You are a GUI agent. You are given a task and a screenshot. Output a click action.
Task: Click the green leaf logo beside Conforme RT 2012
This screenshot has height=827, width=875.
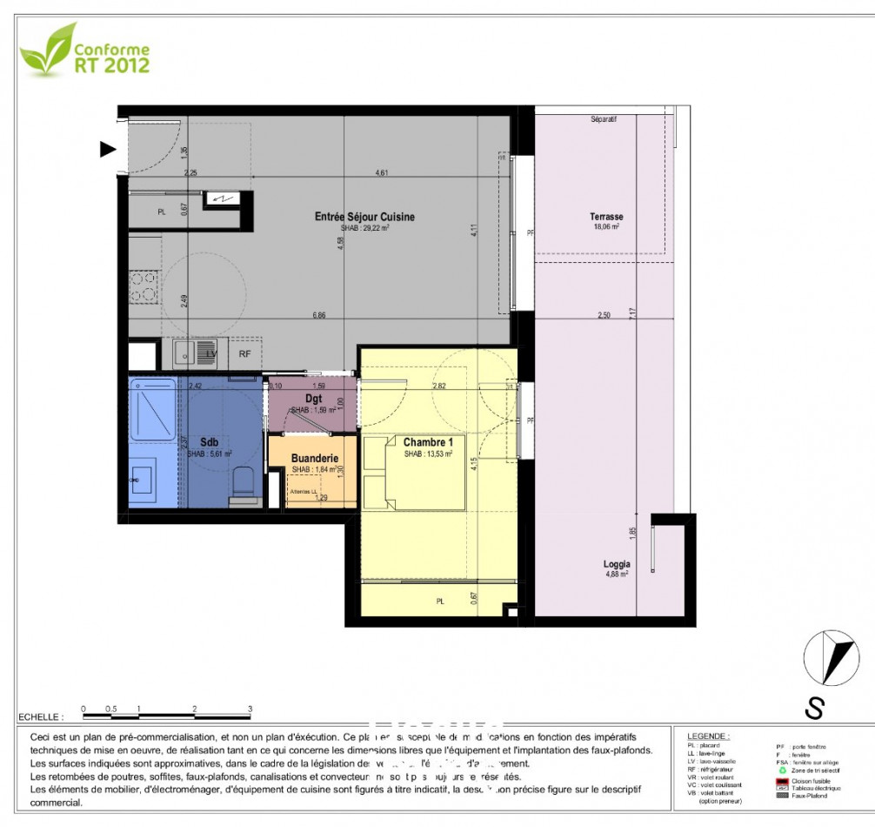point(47,50)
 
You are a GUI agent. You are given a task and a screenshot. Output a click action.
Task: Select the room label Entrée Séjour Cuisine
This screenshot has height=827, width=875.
point(364,217)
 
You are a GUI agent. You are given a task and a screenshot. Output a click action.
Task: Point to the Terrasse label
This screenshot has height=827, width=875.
point(606,217)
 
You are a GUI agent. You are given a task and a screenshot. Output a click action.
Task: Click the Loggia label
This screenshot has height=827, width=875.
point(616,564)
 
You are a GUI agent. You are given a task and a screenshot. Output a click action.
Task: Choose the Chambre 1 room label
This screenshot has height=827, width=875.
point(428,443)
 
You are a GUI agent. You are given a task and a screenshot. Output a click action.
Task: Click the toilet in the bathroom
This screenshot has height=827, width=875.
point(244,483)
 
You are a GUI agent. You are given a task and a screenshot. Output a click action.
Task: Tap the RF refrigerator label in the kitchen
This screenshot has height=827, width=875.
point(245,354)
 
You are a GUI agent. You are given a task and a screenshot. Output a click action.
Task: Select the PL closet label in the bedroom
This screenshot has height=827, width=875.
point(440,601)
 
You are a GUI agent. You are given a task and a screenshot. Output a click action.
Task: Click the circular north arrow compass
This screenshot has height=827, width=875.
point(830,658)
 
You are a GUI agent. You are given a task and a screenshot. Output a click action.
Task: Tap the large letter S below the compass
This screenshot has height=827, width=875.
point(814,709)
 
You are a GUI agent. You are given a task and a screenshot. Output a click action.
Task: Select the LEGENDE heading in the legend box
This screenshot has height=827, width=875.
point(708,736)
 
